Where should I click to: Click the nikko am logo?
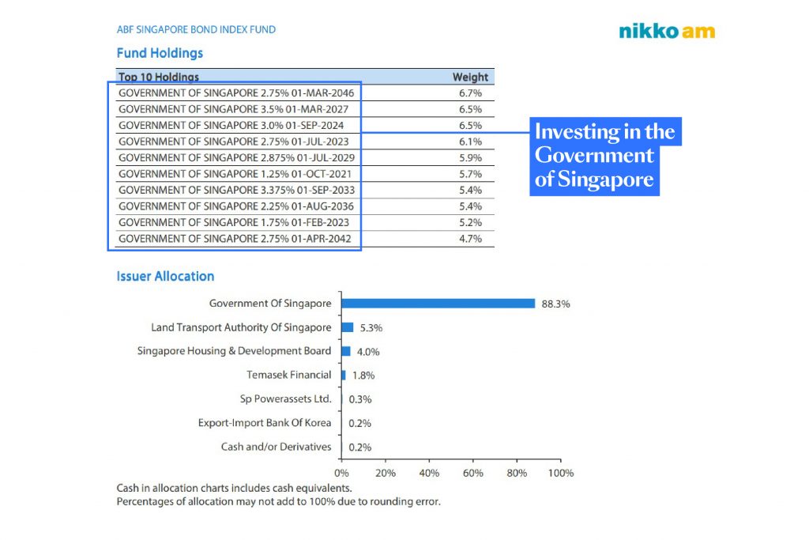667,32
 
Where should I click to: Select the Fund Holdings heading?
160,53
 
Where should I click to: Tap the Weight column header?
470,77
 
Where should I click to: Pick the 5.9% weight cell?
470,157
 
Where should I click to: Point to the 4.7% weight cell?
470,239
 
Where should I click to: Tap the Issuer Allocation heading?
165,277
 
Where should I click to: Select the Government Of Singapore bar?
438,303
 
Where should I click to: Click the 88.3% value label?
555,304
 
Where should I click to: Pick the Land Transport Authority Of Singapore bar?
347,327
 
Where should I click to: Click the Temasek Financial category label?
288,375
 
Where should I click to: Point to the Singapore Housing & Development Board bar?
345,351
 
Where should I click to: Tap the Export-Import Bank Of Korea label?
265,423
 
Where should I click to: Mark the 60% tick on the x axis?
472,473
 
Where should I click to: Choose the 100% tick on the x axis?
560,473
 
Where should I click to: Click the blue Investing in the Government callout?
604,155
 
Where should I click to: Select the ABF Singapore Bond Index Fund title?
196,30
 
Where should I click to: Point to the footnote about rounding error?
278,501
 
